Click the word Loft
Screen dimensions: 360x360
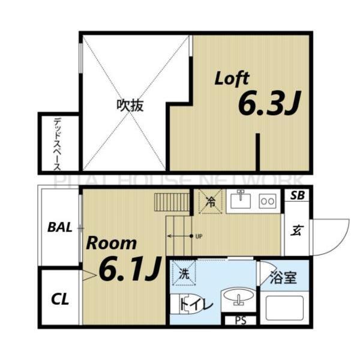(232, 79)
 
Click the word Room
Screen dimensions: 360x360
(112, 244)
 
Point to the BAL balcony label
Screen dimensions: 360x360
(60, 227)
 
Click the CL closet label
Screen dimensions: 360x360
(59, 299)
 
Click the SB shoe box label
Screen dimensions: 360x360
(297, 196)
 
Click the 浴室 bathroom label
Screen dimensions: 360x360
(283, 279)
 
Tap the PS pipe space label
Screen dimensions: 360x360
(241, 320)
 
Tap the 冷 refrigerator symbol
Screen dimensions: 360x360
(211, 202)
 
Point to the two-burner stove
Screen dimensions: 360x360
(268, 201)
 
